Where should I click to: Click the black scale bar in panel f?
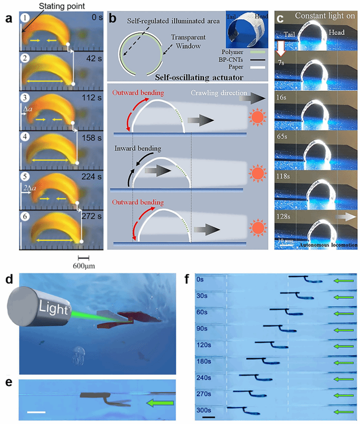pos(210,417)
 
